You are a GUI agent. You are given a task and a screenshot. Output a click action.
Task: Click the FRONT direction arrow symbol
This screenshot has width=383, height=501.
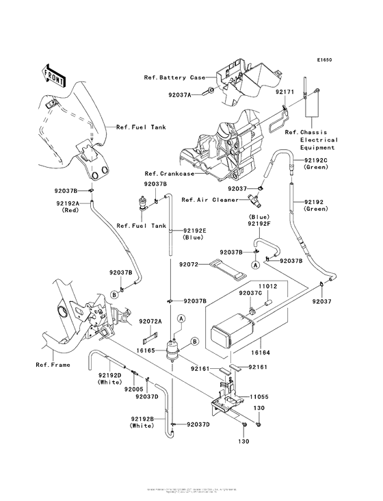pos(53,75)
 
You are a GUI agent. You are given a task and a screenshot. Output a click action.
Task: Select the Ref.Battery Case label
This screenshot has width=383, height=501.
pos(173,77)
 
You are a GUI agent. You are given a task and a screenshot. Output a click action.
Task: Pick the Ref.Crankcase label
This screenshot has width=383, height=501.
pos(168,174)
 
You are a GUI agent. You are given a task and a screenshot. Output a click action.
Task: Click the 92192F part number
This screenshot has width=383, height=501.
pos(259,224)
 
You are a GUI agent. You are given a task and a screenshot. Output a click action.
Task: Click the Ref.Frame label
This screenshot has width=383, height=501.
pos(53,365)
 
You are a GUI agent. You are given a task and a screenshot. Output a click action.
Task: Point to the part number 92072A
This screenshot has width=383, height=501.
pos(150,321)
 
